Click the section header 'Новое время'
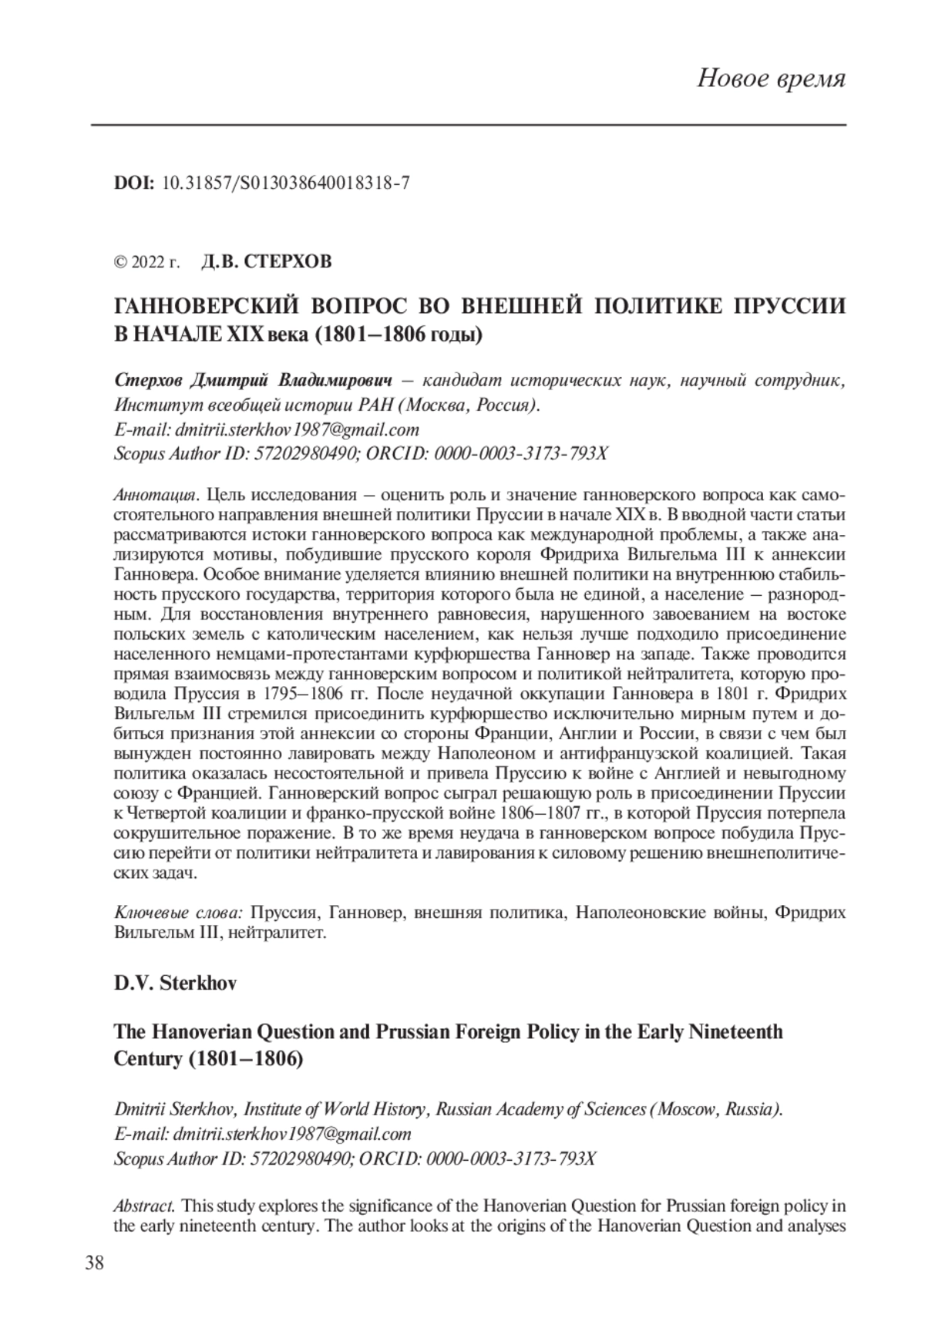tap(771, 79)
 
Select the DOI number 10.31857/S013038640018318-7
tap(286, 183)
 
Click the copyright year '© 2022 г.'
tap(146, 262)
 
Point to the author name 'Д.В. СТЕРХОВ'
tap(266, 262)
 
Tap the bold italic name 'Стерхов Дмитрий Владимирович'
tap(254, 381)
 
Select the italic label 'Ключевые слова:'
tap(178, 913)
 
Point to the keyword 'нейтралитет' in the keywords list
tap(284, 933)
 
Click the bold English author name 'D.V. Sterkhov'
tap(175, 984)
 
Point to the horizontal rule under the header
tap(469, 125)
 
